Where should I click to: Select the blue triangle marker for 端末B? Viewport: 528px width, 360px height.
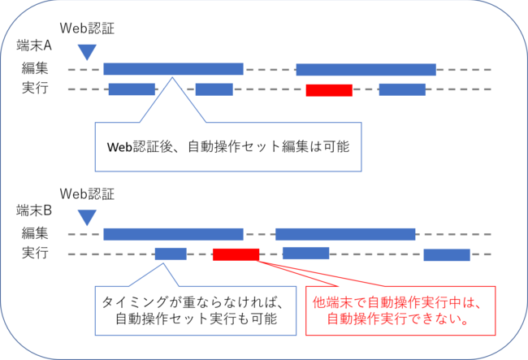point(89,217)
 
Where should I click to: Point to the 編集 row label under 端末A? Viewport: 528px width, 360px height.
point(36,69)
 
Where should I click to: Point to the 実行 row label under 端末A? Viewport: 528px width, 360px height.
point(36,89)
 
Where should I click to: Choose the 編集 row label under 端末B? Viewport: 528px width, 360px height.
point(36,234)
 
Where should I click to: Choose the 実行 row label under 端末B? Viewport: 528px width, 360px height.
point(36,254)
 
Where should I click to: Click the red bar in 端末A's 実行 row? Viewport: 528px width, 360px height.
point(328,89)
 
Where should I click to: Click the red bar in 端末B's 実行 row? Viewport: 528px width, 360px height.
point(236,254)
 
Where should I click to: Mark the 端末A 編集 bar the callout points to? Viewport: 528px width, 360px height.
point(173,69)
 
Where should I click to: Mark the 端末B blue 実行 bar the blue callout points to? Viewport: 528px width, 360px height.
point(171,254)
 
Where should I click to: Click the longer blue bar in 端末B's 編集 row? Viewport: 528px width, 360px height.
point(173,235)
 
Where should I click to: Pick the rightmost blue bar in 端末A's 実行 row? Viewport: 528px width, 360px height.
point(402,89)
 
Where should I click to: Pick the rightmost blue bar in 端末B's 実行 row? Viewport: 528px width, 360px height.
point(447,254)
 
